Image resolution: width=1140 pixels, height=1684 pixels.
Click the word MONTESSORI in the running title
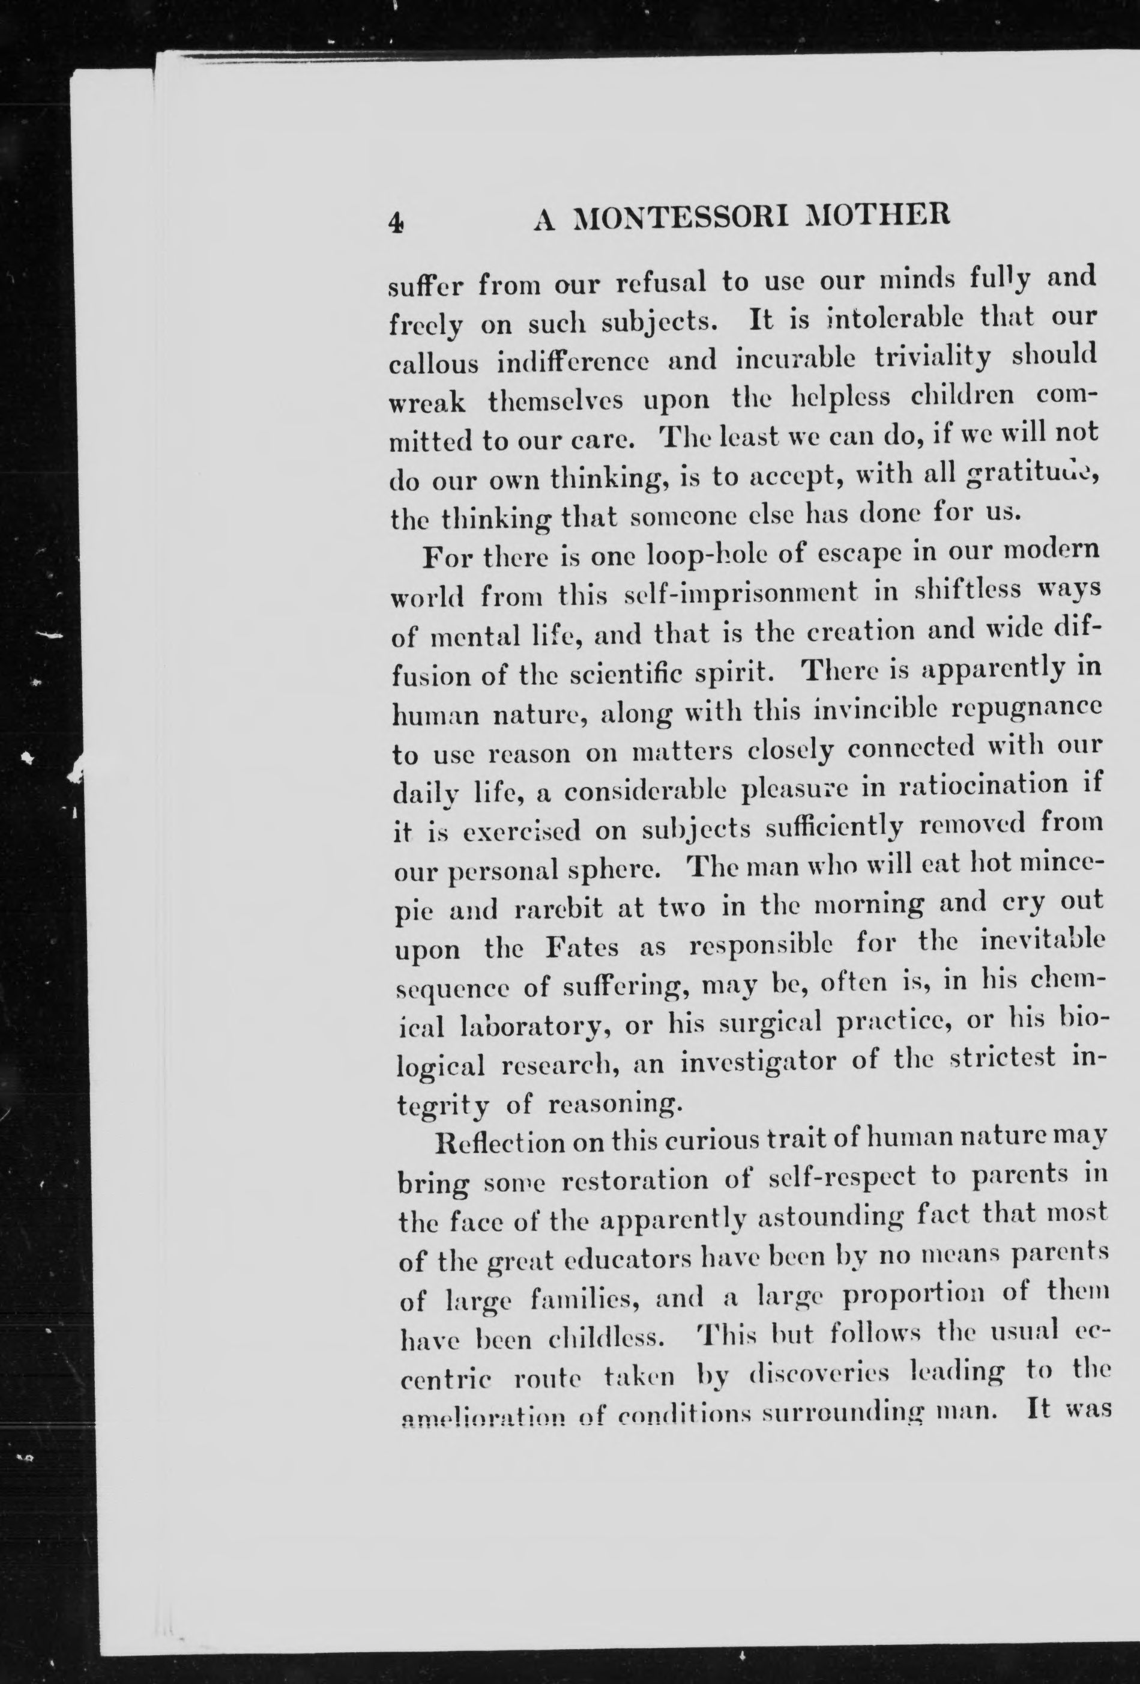pos(678,218)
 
